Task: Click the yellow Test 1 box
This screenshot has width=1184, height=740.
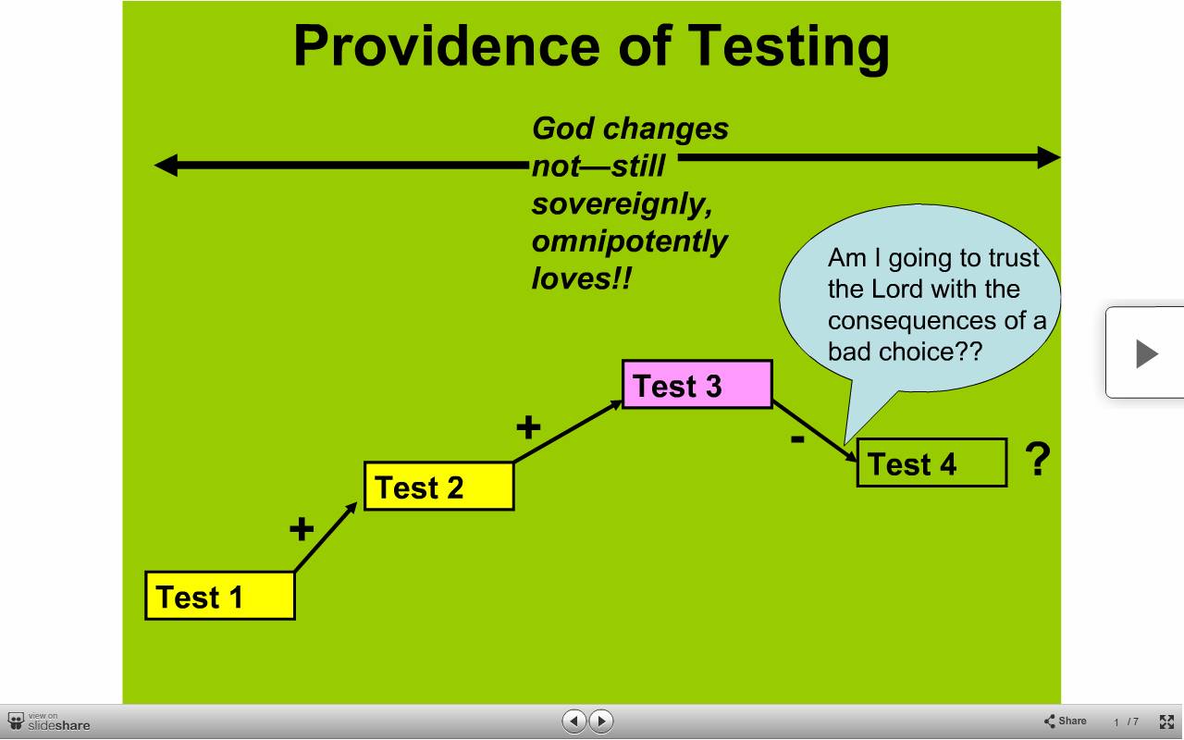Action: click(220, 595)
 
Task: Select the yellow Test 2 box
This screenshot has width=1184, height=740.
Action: click(438, 487)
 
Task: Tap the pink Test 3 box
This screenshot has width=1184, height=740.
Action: click(697, 384)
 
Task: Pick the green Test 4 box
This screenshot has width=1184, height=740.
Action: click(931, 462)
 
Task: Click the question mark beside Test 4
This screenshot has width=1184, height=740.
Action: click(1038, 459)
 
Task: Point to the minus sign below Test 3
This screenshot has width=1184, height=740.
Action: click(797, 438)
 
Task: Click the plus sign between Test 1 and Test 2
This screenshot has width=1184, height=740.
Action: click(302, 528)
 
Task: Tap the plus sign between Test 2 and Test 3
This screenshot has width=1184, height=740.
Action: click(528, 427)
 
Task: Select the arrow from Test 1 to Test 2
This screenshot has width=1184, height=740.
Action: click(326, 537)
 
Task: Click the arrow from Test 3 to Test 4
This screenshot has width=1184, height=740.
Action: click(815, 431)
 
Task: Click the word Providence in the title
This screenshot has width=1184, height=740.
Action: click(447, 45)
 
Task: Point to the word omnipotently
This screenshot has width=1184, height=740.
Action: click(630, 242)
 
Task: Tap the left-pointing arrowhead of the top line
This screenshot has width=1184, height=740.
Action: click(166, 166)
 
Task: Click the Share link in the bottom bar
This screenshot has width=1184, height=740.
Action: click(1065, 721)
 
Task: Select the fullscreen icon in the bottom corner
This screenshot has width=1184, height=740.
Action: click(1166, 721)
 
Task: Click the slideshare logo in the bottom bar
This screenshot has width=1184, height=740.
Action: click(49, 722)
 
